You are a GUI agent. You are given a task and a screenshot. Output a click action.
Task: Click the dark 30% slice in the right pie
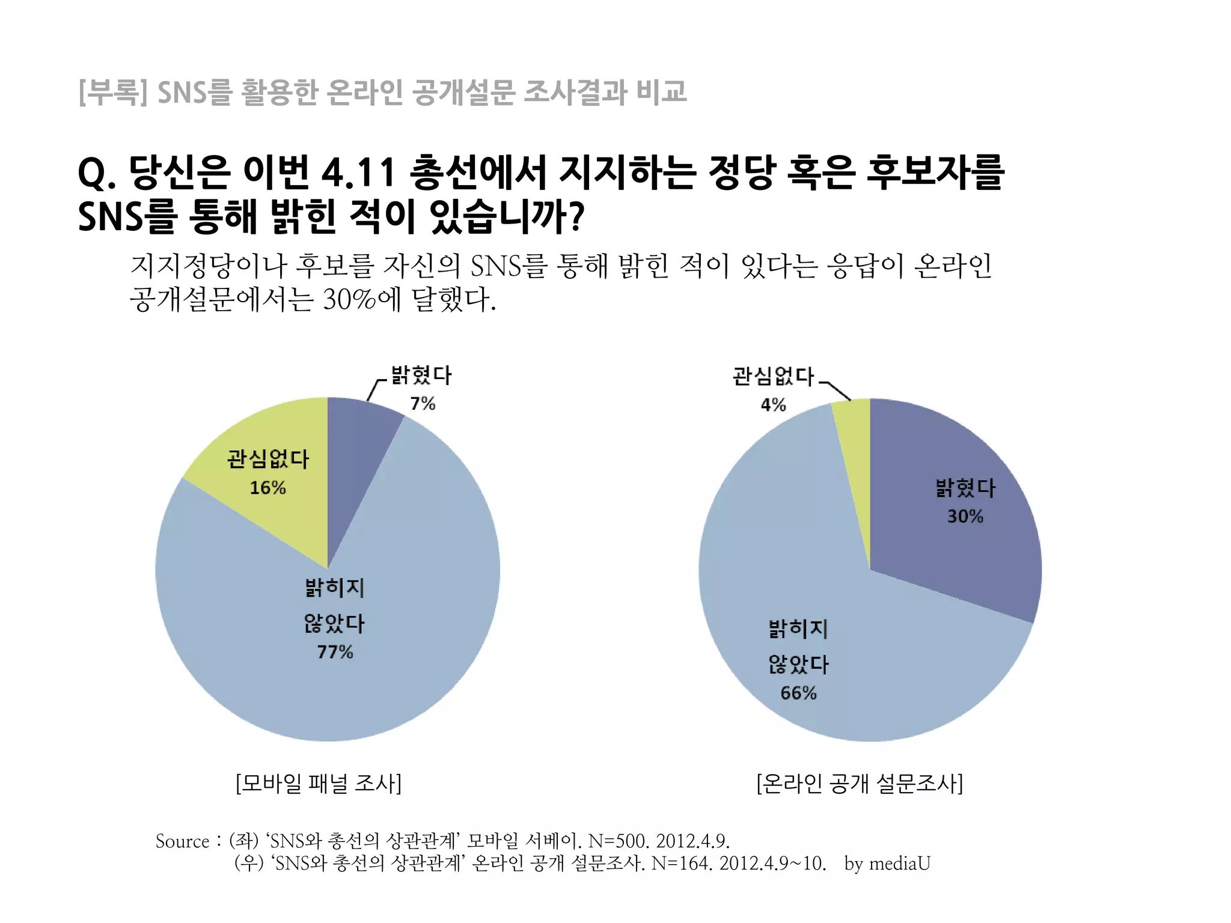950,541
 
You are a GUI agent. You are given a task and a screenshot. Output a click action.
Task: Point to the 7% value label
423,404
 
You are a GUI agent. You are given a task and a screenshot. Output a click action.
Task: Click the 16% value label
267,487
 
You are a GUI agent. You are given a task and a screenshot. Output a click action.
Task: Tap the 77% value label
335,652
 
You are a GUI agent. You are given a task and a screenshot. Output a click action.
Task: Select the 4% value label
773,405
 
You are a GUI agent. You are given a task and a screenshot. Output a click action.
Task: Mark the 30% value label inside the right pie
965,516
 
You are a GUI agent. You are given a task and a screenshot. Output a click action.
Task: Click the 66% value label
798,693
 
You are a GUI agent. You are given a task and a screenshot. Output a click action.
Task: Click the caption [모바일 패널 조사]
318,784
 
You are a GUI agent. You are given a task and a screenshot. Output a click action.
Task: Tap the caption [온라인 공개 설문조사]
860,784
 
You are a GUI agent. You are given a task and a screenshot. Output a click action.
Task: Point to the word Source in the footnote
182,841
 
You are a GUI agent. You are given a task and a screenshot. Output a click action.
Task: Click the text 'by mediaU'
887,864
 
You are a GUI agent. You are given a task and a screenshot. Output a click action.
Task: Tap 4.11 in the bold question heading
359,173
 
